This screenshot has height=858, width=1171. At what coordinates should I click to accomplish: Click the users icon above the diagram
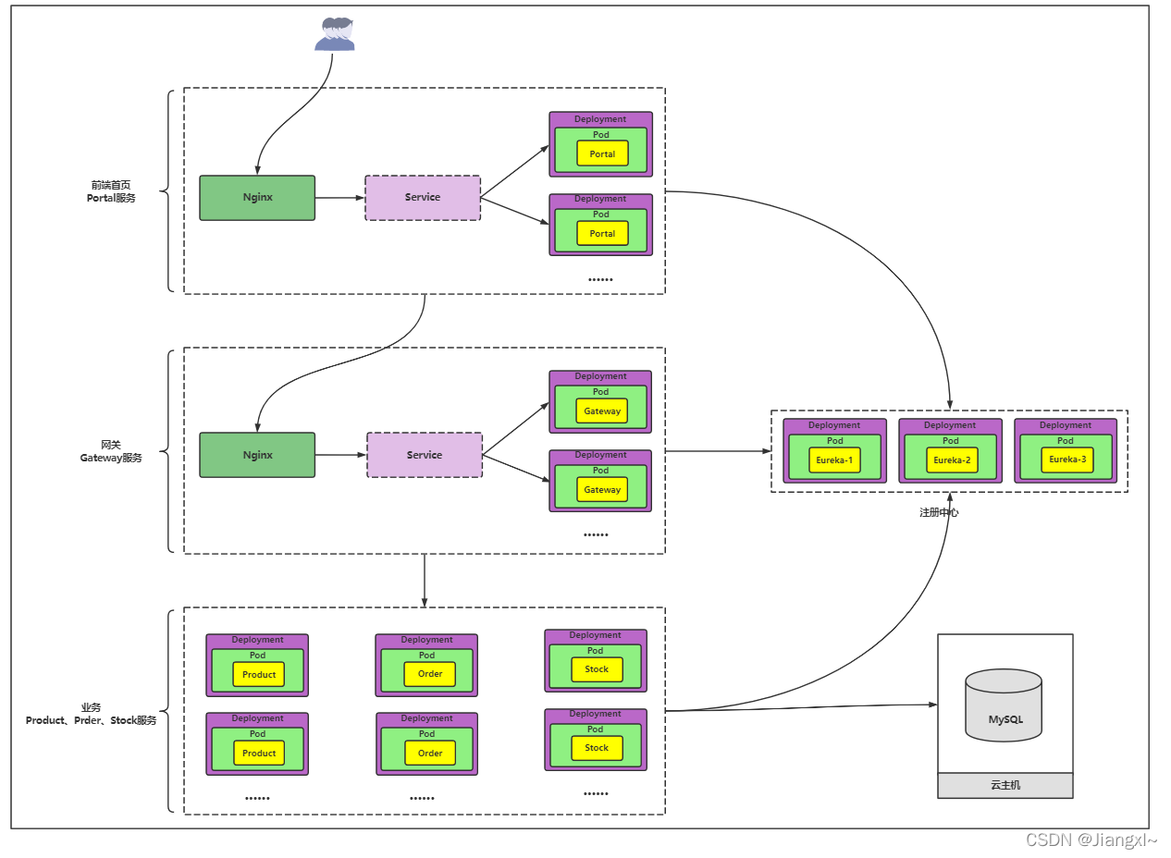[335, 34]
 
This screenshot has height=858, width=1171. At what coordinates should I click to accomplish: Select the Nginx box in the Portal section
[258, 198]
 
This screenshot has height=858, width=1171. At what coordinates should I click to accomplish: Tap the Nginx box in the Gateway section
[258, 456]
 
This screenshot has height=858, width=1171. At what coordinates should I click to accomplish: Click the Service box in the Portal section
[424, 198]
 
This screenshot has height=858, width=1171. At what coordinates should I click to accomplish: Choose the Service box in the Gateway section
[425, 456]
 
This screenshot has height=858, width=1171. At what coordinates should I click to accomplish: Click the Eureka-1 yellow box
[835, 460]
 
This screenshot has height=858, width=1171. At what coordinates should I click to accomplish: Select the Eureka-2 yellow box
[953, 460]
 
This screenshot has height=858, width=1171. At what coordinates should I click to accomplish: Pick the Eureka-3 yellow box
[1068, 460]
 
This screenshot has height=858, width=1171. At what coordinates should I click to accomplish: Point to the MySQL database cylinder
[1005, 706]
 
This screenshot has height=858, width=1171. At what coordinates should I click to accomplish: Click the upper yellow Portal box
[603, 154]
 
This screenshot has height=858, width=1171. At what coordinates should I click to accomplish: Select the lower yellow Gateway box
[603, 491]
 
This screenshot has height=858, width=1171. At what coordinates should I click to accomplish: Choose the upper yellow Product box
[259, 675]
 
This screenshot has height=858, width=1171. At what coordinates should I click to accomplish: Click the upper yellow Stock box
[598, 670]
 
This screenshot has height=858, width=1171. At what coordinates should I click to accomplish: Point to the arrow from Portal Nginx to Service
[340, 198]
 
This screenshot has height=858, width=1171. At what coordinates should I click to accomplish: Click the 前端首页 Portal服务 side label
[111, 191]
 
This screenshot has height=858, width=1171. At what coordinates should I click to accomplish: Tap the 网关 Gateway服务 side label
[111, 452]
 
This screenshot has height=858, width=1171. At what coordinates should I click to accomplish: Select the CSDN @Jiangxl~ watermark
[1092, 840]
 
